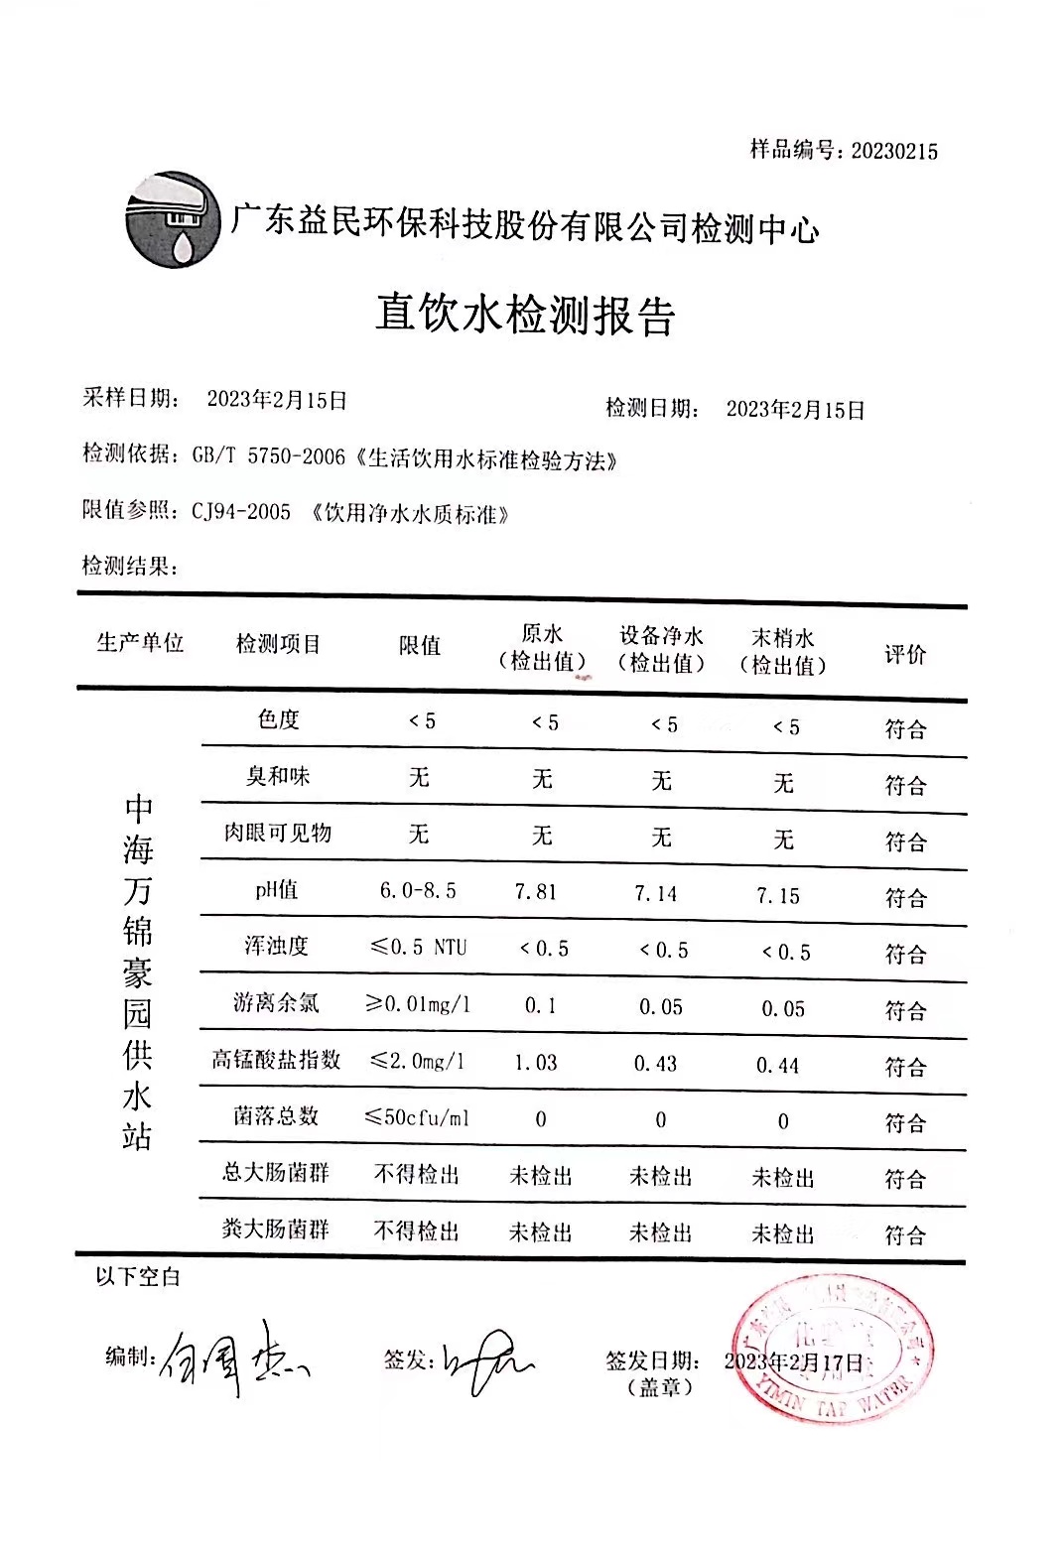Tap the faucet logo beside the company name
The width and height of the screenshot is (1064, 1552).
point(174,219)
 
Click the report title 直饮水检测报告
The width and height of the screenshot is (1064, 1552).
point(525,316)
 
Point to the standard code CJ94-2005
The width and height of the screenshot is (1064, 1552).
point(241,512)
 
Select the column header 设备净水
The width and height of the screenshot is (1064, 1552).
point(661,636)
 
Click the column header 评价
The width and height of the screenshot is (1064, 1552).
point(904,654)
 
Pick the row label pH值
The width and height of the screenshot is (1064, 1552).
point(276,890)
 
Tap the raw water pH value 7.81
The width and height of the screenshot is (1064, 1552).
point(536,892)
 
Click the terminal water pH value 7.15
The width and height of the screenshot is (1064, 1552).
point(777,896)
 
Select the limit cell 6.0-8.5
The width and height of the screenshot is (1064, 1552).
point(418,890)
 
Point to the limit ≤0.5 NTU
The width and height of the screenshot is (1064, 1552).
point(418,947)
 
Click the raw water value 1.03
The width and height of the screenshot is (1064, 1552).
point(536,1063)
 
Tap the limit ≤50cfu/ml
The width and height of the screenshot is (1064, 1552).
point(418,1118)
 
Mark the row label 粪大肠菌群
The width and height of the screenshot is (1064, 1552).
point(275,1230)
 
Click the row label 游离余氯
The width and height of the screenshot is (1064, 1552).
point(276,1003)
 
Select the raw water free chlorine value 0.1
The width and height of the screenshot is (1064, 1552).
point(540,1006)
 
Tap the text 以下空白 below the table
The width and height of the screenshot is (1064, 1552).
point(138,1277)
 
